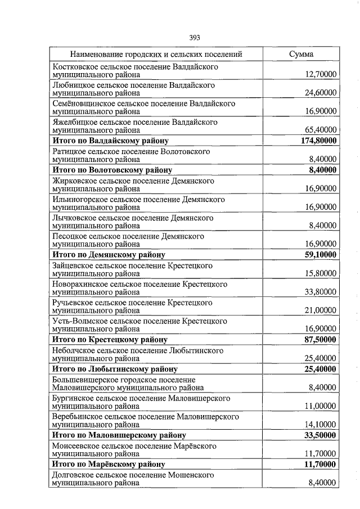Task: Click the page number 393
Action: (195, 38)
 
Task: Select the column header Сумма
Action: (301, 55)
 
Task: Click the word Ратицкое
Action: (69, 152)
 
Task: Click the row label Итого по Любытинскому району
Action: (115, 369)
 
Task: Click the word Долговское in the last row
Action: (72, 475)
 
